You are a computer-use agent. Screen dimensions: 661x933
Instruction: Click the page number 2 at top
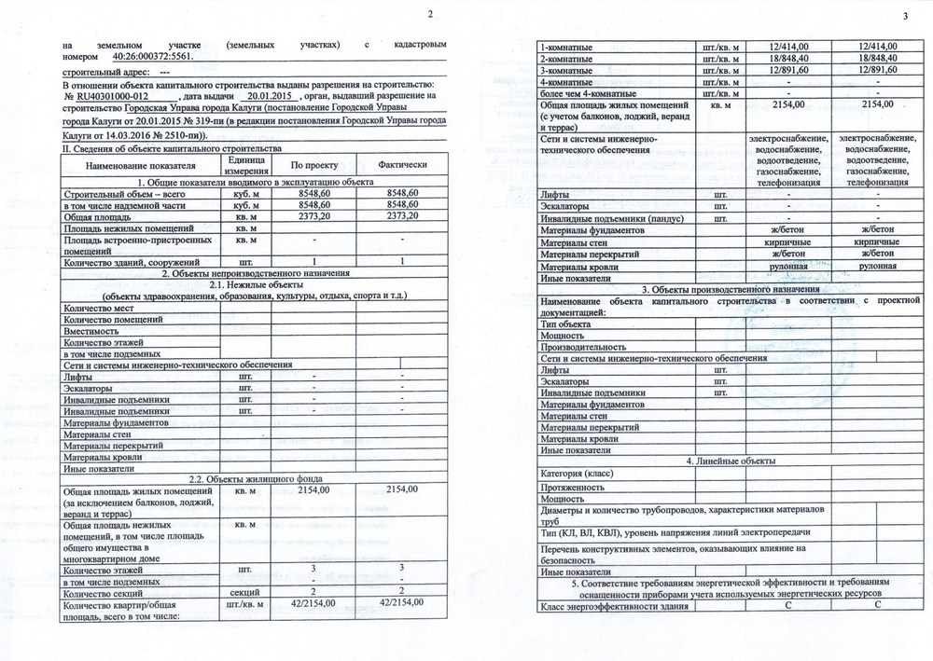click(x=429, y=13)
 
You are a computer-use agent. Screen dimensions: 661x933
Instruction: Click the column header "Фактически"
click(x=402, y=164)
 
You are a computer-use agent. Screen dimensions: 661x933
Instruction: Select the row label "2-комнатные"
click(x=568, y=58)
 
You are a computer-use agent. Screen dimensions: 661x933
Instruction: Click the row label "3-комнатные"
click(x=568, y=70)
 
